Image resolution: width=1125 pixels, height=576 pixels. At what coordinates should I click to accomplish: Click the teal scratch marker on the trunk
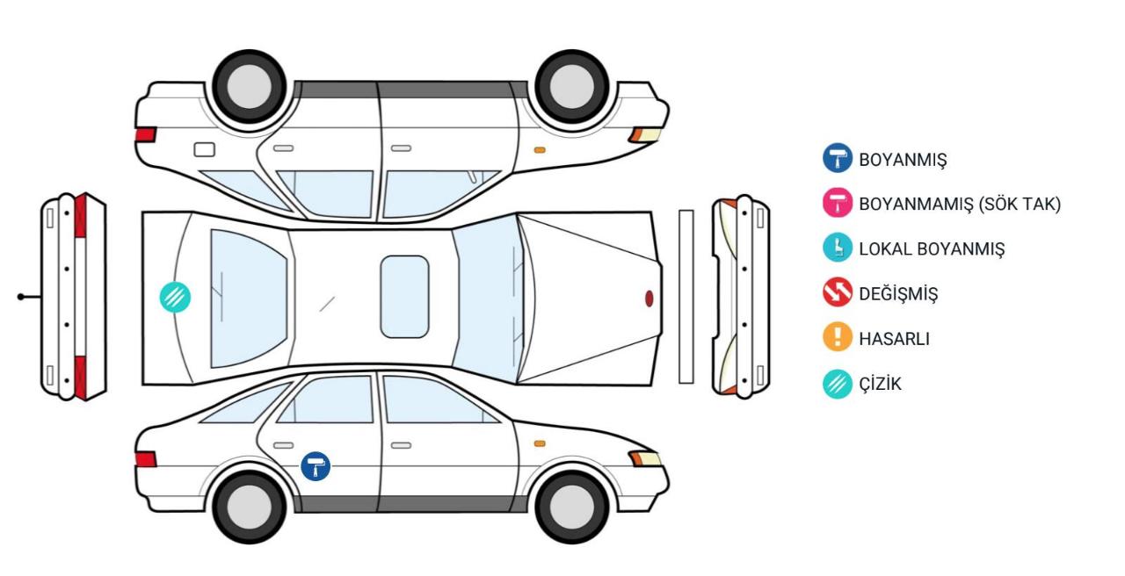tap(175, 297)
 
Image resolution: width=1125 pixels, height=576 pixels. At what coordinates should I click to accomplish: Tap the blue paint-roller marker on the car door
tap(316, 466)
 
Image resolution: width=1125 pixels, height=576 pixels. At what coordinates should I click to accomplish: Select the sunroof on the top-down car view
tap(404, 297)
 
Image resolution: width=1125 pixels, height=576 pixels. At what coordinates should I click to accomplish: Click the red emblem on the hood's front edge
tap(649, 299)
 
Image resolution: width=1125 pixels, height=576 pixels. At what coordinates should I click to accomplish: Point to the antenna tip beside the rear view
tap(20, 297)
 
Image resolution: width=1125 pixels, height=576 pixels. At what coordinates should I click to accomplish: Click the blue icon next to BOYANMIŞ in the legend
tap(838, 158)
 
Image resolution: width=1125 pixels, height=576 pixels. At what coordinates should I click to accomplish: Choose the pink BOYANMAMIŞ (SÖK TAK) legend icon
tap(838, 203)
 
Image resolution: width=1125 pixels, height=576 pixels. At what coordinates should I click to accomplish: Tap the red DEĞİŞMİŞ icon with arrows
tap(838, 292)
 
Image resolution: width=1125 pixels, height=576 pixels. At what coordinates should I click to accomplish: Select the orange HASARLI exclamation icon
tap(838, 336)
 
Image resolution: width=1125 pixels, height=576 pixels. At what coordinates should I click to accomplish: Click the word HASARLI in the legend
tap(895, 339)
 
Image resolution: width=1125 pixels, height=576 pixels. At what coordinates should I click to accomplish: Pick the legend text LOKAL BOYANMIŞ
tap(932, 248)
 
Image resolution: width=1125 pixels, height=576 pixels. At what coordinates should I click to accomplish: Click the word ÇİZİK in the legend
tap(880, 384)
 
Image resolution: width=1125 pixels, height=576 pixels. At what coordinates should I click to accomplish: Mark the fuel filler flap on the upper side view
tap(205, 149)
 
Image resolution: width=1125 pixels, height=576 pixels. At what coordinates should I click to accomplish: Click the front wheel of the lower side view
tap(571, 507)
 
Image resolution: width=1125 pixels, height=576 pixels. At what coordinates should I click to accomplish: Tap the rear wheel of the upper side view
tap(249, 86)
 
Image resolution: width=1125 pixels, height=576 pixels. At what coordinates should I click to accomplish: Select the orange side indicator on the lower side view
tap(540, 443)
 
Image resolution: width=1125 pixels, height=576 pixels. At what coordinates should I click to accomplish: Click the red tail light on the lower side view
tap(146, 459)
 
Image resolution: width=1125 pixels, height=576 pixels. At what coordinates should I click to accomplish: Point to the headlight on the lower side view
tap(646, 458)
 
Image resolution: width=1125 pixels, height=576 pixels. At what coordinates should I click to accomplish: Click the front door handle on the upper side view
tap(402, 148)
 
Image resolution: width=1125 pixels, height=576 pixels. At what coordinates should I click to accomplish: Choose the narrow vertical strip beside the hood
tap(686, 297)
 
